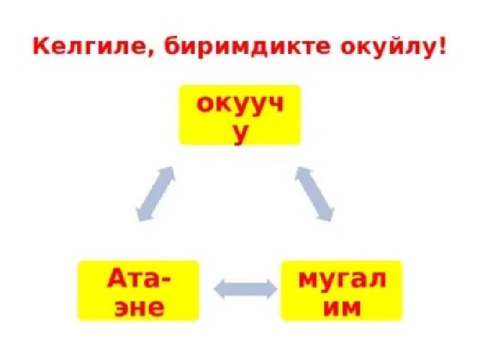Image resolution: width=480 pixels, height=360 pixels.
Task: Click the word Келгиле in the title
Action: pos(88,46)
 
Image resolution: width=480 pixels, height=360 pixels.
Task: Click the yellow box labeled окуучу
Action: pos(240,115)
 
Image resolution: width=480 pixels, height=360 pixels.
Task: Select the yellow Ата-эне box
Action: pos(138,290)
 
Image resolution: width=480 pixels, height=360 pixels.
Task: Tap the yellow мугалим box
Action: pos(342,290)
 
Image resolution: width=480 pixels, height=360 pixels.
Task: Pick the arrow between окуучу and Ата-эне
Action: pos(155,193)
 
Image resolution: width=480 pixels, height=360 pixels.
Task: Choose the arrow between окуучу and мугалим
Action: pos(314,193)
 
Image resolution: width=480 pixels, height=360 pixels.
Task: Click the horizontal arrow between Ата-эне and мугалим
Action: pos(245,289)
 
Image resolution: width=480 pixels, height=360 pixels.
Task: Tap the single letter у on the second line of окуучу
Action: pos(240,135)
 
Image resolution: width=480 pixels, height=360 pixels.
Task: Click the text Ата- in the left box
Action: pos(139,278)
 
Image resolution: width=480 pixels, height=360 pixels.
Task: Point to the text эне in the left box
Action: pos(139,307)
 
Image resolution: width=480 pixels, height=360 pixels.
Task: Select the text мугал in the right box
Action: pos(342,280)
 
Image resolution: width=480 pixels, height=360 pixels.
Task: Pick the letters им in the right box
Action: pos(342,307)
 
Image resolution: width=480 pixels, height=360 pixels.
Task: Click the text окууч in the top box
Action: pos(240,105)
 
